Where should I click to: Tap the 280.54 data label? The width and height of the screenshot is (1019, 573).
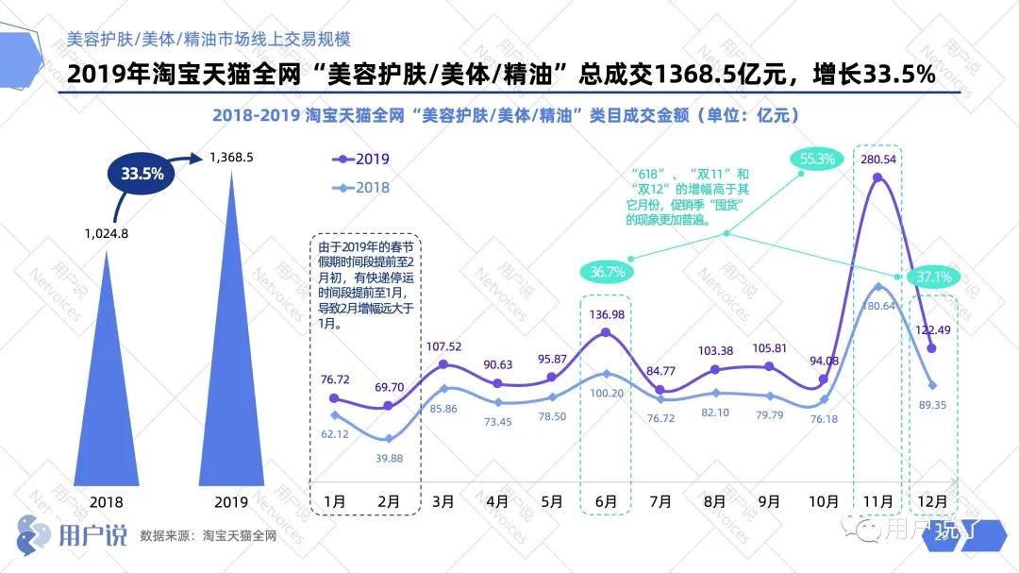click(x=877, y=159)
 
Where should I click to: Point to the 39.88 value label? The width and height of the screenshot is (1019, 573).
click(x=389, y=459)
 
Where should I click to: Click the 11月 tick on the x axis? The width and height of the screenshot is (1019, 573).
click(x=877, y=501)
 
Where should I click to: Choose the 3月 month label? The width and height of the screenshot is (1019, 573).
click(x=443, y=501)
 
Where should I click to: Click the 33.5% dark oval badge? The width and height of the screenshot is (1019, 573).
click(x=142, y=174)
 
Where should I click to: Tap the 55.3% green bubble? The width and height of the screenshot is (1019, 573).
click(x=817, y=160)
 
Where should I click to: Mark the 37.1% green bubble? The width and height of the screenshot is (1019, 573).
click(x=933, y=277)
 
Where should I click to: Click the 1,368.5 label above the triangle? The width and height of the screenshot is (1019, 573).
click(x=231, y=157)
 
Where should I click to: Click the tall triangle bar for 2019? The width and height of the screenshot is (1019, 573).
click(x=231, y=359)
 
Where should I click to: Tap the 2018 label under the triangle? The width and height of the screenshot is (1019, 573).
click(x=106, y=501)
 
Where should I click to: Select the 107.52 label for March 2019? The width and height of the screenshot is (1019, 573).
click(x=443, y=346)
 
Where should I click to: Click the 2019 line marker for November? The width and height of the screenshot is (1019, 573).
click(x=877, y=179)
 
